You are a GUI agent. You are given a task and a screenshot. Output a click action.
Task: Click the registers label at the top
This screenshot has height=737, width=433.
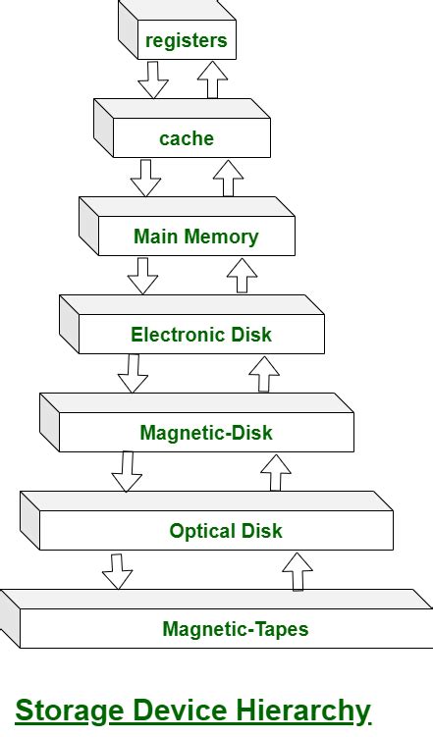pos(186,40)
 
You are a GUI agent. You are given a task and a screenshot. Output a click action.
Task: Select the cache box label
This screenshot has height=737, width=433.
pos(186,138)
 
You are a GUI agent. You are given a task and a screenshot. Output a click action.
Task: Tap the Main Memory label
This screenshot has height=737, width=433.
pos(195,237)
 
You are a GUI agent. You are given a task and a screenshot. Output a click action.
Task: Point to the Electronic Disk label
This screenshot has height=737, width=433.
pos(200,335)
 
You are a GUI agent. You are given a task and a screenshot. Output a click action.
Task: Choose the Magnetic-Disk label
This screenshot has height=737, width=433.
pos(206,433)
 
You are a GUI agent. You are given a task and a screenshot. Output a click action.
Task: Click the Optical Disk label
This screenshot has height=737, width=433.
pos(225,531)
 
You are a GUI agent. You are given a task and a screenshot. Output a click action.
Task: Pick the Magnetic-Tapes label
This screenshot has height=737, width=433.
pos(235,629)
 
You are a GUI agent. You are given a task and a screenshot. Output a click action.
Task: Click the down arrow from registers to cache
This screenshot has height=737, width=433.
pos(153,79)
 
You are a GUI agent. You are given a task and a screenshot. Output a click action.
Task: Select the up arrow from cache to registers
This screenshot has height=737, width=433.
pos(212,79)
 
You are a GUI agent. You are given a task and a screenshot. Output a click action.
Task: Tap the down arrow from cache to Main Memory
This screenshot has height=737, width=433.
pos(146,177)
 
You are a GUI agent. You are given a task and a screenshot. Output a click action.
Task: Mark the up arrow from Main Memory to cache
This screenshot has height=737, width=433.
pos(228,177)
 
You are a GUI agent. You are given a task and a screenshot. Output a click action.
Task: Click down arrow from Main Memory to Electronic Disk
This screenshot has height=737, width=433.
pos(143,275)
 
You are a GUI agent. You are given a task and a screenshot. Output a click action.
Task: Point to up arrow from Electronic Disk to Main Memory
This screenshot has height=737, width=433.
pos(242,275)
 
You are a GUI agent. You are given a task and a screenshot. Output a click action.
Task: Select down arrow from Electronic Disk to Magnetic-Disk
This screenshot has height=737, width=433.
pos(133,373)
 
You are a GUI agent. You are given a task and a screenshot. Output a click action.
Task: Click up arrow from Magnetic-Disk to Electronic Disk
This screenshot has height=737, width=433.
pos(263,373)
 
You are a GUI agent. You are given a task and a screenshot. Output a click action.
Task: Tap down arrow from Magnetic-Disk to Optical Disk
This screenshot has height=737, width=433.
pos(127,471)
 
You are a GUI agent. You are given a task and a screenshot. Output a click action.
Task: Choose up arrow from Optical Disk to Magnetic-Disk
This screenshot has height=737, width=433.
pos(276,471)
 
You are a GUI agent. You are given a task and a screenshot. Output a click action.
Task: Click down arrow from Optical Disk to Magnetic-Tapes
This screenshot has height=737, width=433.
pos(118,570)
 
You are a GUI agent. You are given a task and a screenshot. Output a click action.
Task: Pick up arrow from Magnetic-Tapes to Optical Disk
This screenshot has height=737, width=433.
pos(297,570)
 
